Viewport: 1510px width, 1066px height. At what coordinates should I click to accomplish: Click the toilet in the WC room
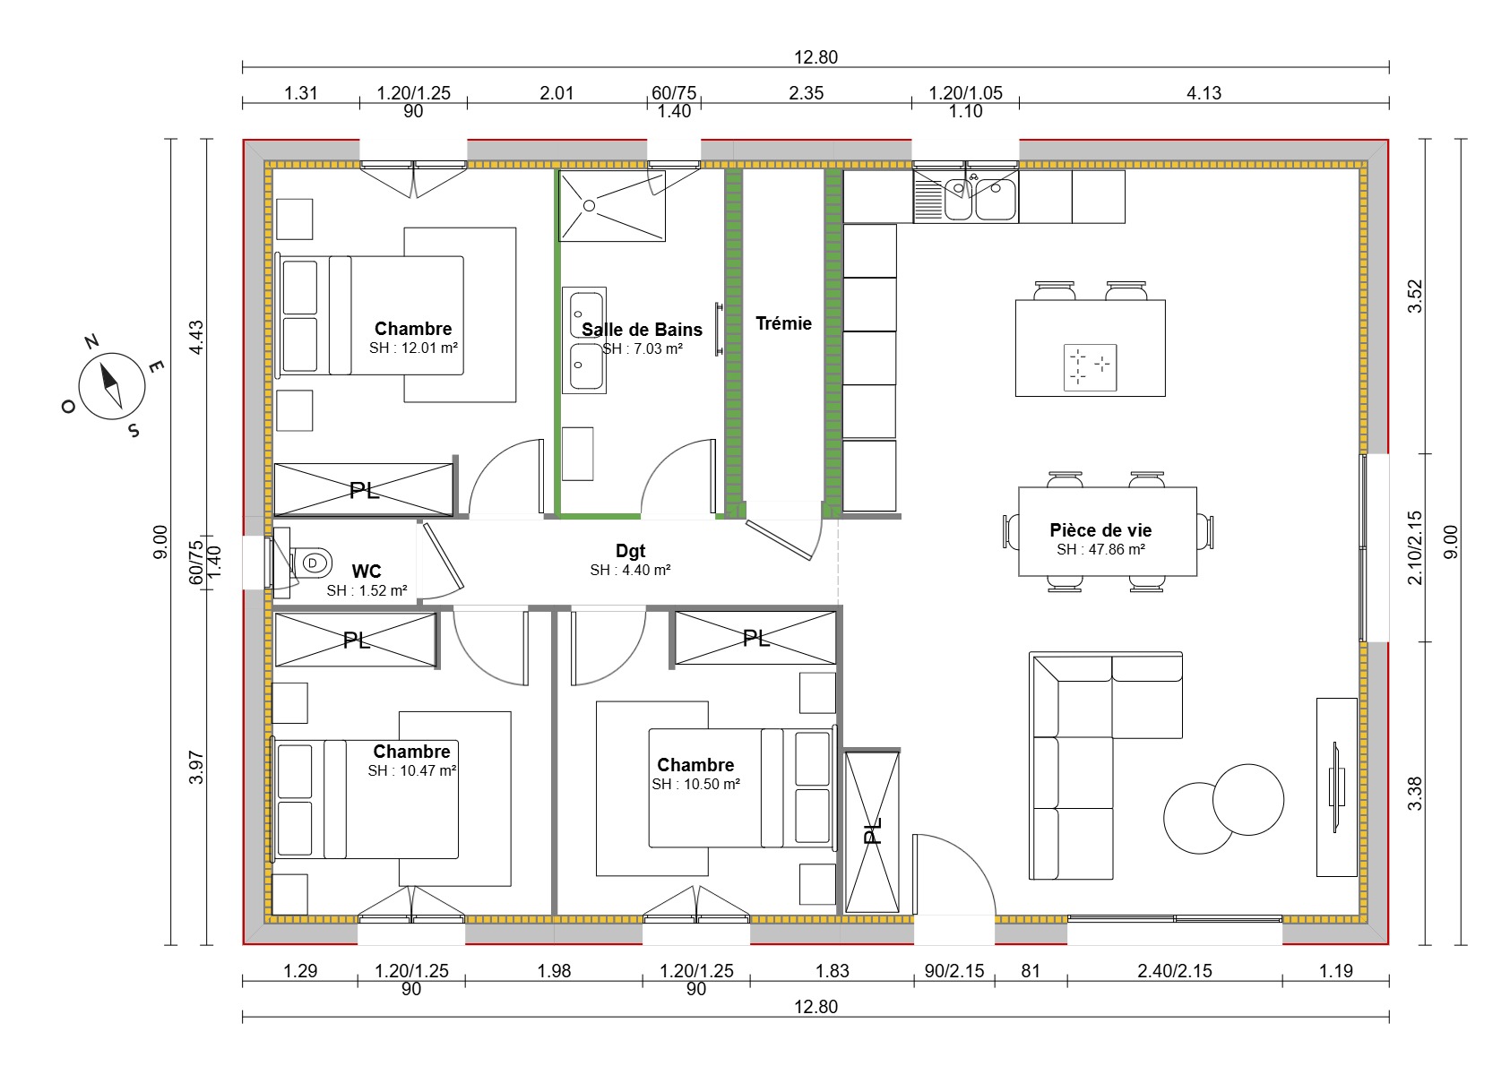point(309,563)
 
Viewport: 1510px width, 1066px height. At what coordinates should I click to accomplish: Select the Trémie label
point(783,323)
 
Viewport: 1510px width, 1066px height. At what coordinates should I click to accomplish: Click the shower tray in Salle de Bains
point(612,206)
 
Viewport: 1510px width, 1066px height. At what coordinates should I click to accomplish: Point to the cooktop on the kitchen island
point(1090,366)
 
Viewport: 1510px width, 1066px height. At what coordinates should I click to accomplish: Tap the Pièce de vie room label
point(1100,530)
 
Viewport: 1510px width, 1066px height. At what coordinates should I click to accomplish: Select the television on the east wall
point(1335,787)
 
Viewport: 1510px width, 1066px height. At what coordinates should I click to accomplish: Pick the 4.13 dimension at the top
point(1204,93)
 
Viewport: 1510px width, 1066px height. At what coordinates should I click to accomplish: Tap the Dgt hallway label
point(630,551)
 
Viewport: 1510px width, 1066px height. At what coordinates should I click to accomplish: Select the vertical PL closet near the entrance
point(872,832)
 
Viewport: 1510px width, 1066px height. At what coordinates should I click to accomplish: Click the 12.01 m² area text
point(413,348)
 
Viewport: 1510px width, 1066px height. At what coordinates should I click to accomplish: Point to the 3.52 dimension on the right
point(1414,297)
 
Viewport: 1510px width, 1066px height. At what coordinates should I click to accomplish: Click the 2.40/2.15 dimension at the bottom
point(1174,970)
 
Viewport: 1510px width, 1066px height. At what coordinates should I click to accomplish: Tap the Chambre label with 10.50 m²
point(695,765)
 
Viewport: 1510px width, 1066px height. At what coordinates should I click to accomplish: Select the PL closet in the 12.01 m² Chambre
point(364,490)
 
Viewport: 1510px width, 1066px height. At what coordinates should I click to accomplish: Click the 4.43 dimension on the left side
point(196,338)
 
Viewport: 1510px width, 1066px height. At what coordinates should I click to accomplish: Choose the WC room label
point(366,572)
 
